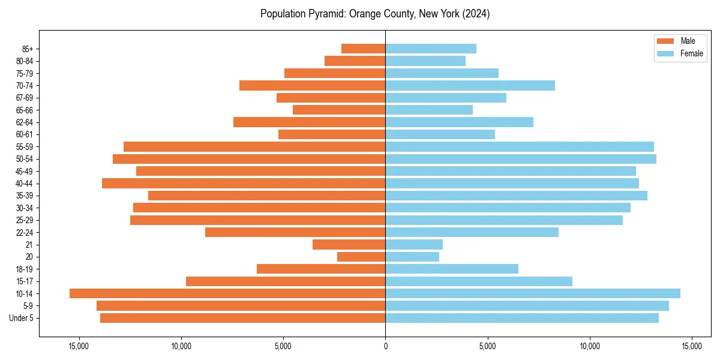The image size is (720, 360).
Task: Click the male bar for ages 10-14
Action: coord(227,293)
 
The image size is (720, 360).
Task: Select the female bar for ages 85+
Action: coord(431,49)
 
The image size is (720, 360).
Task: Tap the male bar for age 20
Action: coord(361,257)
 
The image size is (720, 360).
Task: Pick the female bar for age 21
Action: coord(414,244)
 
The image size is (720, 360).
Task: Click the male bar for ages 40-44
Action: coord(244,183)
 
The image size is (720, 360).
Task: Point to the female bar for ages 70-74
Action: coord(470,85)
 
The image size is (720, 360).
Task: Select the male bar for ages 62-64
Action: coord(309,122)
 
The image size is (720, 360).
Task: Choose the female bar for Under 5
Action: coord(522,318)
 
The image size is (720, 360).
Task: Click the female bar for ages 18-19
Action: coord(452,269)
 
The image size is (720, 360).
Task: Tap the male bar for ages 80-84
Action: coord(355,61)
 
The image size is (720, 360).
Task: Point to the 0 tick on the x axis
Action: coord(385,346)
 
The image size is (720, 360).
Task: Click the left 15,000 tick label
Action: coord(79,346)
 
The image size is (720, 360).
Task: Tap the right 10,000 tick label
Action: coord(590,346)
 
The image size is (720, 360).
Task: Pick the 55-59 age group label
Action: coord(24,146)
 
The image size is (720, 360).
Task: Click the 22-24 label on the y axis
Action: coord(24,232)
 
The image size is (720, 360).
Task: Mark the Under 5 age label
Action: coord(22,318)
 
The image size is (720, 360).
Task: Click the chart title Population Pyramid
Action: coord(375,14)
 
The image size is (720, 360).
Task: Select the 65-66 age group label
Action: coord(24,110)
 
